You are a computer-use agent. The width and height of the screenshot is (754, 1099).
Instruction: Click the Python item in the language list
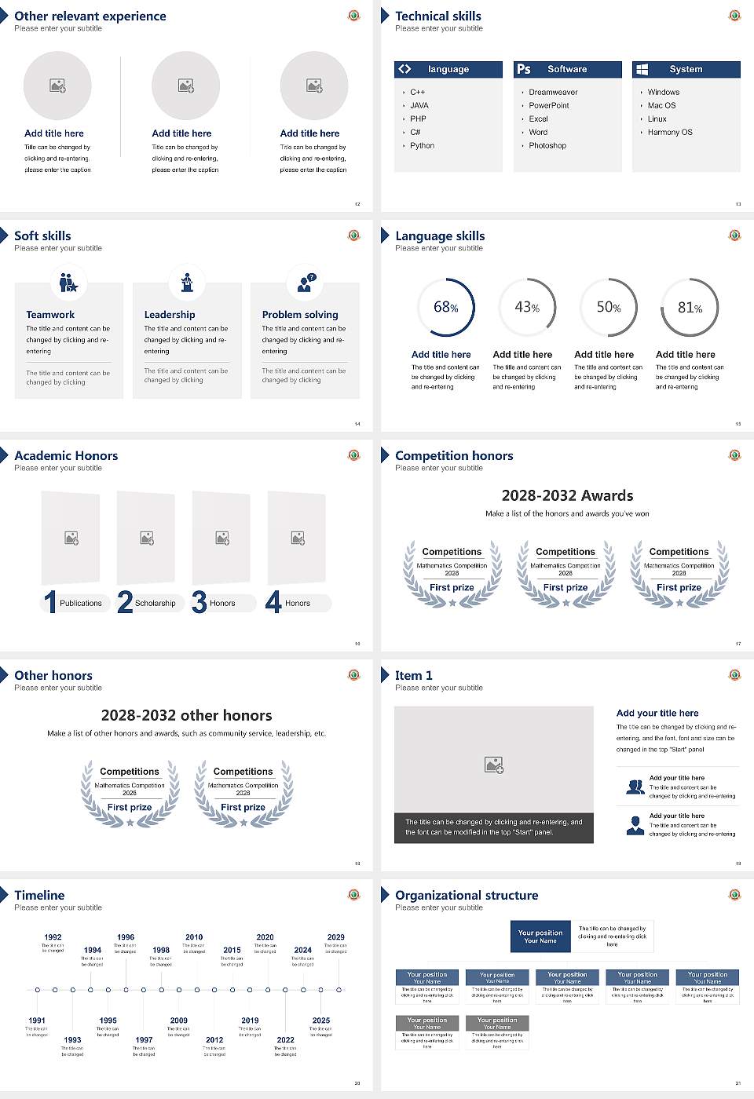coord(422,146)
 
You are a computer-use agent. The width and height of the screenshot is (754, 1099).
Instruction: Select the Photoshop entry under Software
coord(547,146)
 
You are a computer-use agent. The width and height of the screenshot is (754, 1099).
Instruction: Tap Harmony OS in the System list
coord(670,133)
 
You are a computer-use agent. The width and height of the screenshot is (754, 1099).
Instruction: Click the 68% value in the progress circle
coord(446,308)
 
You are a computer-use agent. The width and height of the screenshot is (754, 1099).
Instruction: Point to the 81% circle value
coord(690,308)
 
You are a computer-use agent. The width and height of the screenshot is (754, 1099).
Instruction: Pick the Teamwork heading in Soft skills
coord(50,315)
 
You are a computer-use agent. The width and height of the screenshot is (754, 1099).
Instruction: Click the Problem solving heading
coord(300,315)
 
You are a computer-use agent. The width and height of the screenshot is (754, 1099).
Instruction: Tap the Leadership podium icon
coord(187,283)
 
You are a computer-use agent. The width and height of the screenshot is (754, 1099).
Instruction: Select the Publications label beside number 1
coord(81,604)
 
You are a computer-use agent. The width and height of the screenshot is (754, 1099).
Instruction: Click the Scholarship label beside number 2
coord(155,604)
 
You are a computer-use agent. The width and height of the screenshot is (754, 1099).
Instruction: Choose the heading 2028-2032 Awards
coord(567,495)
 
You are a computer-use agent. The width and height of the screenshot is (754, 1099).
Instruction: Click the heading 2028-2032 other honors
coord(187,715)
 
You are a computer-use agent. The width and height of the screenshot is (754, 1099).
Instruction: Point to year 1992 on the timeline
coord(53,937)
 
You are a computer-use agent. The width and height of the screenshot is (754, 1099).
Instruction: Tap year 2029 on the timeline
coord(336,937)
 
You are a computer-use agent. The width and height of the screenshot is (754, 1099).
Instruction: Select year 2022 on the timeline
coord(285,1040)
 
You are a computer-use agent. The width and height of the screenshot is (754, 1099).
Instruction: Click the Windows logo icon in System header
coord(642,69)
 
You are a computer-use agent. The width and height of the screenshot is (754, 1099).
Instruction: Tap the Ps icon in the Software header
coord(524,69)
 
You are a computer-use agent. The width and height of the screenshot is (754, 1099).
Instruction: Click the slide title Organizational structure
coord(467,896)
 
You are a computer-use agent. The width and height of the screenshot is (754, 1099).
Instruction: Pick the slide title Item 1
coord(414,676)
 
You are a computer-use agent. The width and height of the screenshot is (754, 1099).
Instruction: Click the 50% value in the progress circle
coord(609,308)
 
